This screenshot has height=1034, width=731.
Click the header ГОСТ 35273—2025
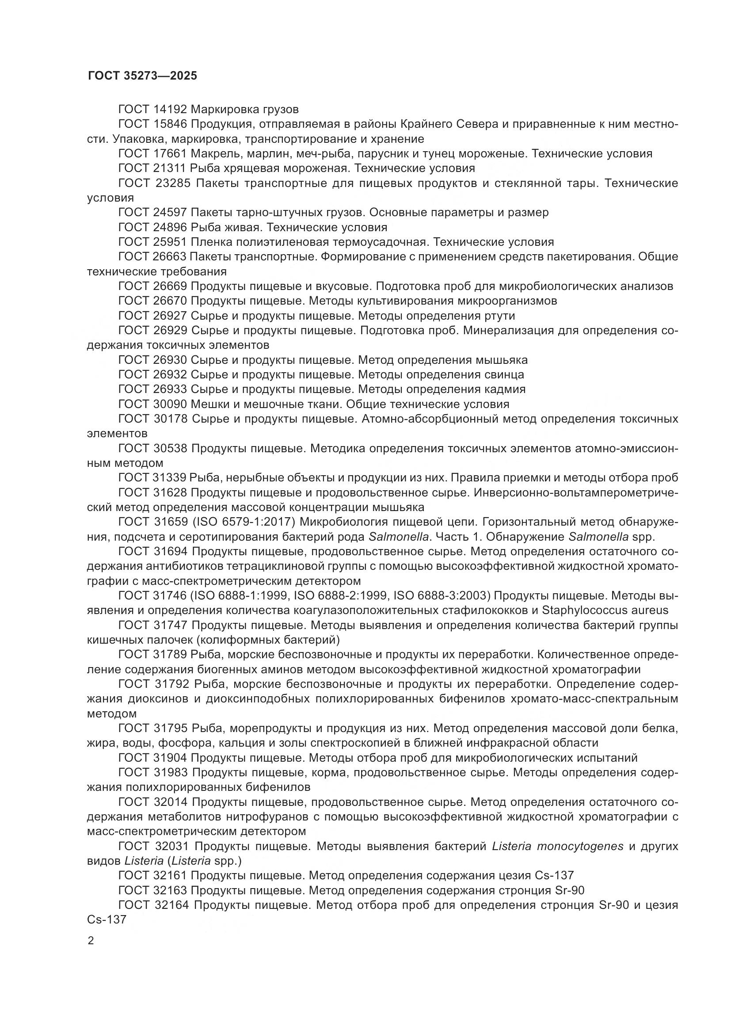pyautogui.click(x=142, y=76)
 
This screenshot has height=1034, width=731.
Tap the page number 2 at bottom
pyautogui.click(x=91, y=941)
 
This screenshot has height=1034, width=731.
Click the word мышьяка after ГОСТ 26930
pyautogui.click(x=502, y=360)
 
